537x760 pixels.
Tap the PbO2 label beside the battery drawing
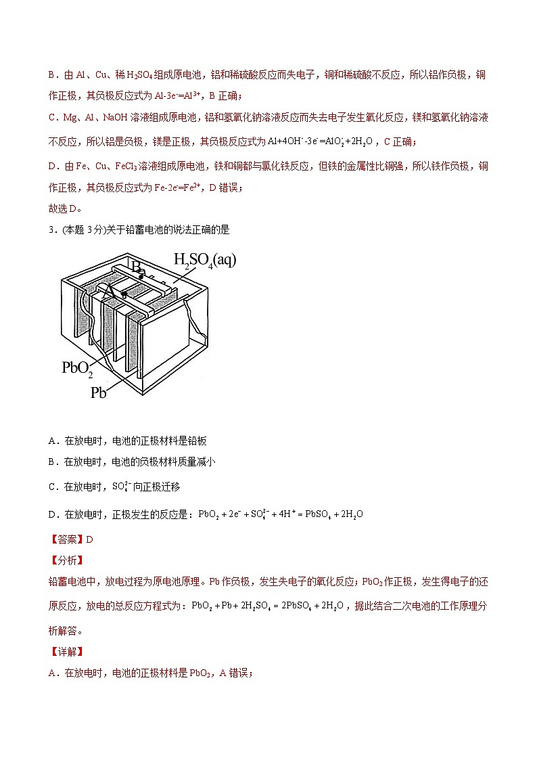pyautogui.click(x=77, y=367)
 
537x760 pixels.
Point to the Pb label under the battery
pyautogui.click(x=98, y=392)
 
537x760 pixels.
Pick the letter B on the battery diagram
pyautogui.click(x=136, y=267)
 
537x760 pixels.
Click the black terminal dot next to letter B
pyautogui.click(x=142, y=276)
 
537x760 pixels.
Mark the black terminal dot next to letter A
pyautogui.click(x=123, y=294)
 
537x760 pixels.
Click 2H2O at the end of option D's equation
pyautogui.click(x=352, y=514)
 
